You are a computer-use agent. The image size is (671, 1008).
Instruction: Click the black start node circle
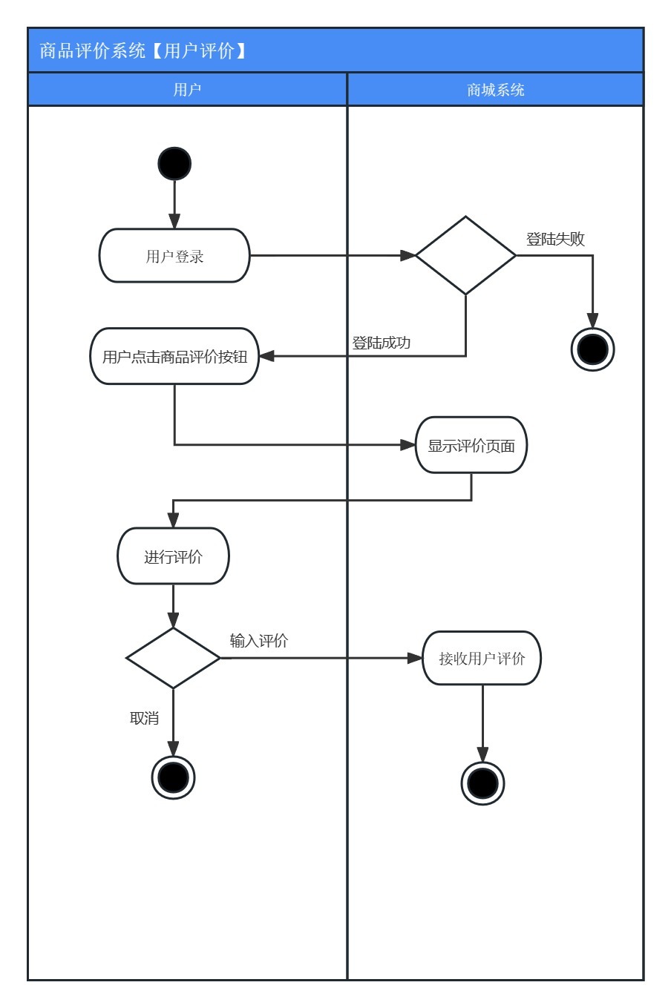click(174, 163)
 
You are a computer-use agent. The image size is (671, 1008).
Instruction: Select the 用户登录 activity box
click(174, 256)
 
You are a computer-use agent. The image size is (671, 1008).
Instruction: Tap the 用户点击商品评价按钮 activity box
click(174, 356)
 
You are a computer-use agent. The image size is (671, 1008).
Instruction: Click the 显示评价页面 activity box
click(471, 445)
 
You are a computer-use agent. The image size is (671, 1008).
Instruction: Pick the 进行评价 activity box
click(174, 556)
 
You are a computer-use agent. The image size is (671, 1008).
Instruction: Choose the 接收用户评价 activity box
click(482, 658)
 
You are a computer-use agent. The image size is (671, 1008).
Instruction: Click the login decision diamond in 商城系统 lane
click(465, 255)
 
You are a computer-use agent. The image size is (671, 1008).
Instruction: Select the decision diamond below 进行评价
click(174, 658)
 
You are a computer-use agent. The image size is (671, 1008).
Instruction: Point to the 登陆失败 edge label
click(555, 239)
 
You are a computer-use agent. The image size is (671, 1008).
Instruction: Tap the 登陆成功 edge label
click(381, 343)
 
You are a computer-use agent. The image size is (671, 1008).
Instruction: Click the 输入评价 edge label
click(259, 640)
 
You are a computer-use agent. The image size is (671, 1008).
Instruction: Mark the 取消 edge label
click(144, 718)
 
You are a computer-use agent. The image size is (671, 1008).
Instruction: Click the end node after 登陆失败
click(592, 349)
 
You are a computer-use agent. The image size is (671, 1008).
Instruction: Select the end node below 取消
click(174, 777)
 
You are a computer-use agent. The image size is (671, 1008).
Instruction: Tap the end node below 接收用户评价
click(482, 783)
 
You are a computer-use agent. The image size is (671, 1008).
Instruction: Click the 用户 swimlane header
click(187, 89)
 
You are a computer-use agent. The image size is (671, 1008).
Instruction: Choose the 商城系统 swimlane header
click(495, 89)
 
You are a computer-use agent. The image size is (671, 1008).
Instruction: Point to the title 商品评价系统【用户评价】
click(143, 50)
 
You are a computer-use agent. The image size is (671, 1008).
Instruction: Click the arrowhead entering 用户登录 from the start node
click(174, 221)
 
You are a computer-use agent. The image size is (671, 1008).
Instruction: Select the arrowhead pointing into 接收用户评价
click(415, 658)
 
